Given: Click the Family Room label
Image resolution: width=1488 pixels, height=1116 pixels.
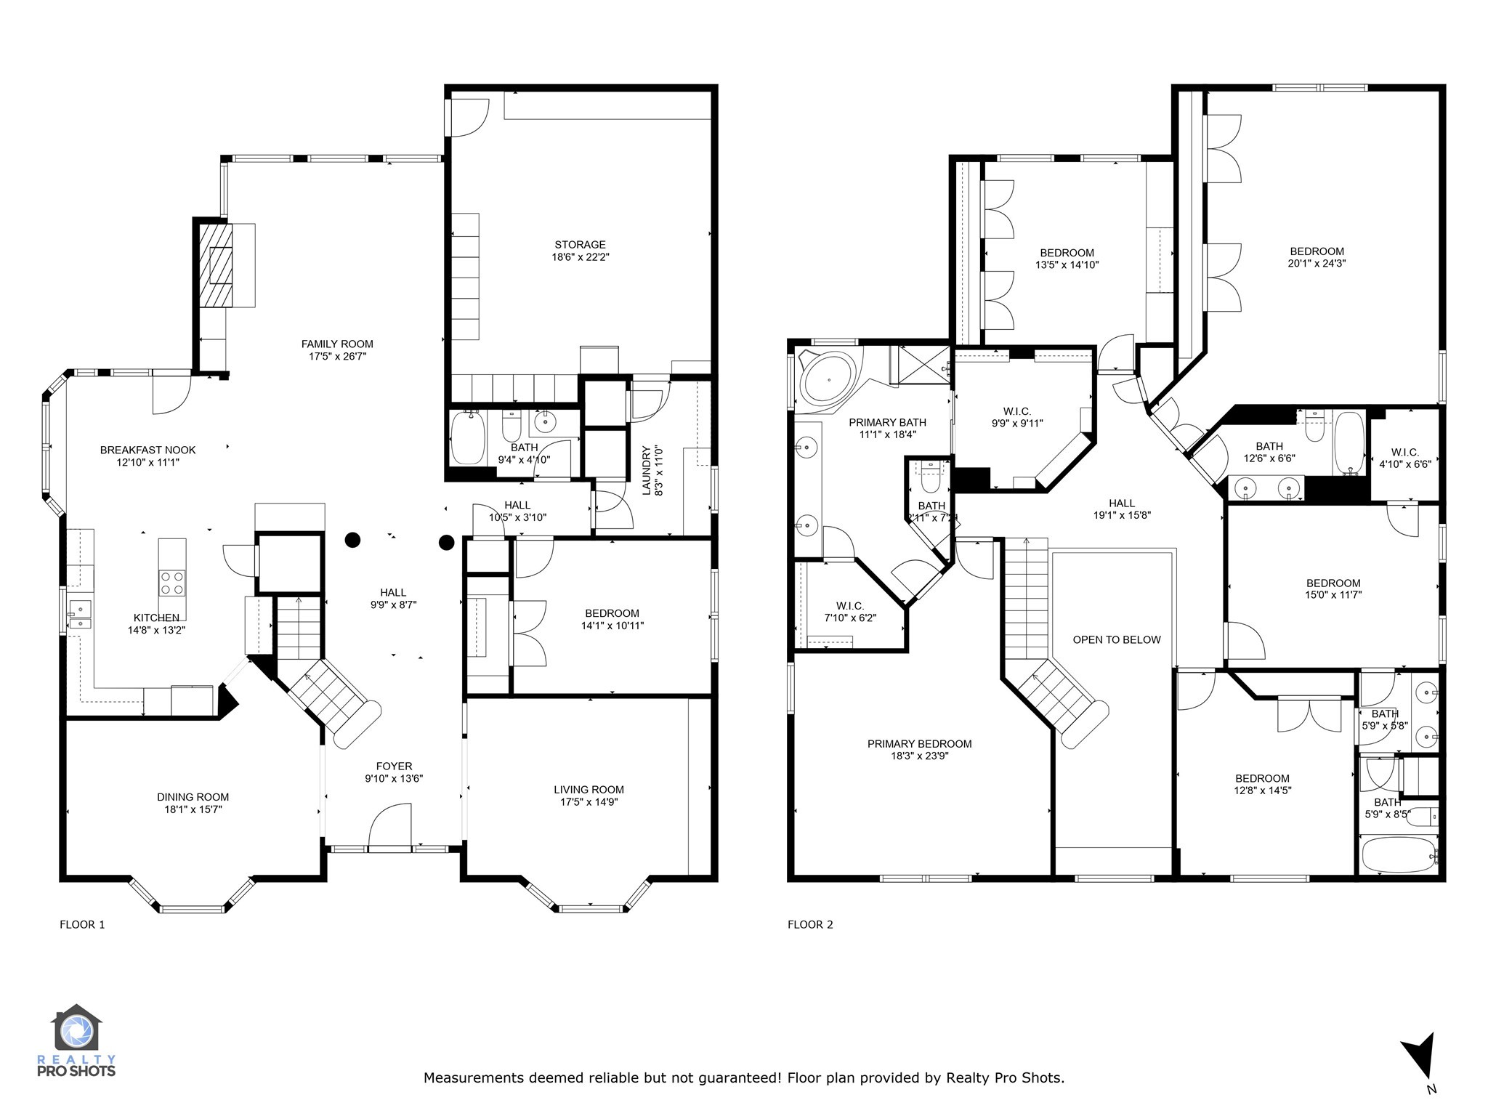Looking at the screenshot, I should (337, 344).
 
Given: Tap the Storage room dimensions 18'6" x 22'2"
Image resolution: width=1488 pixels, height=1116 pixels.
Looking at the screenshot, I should (580, 256).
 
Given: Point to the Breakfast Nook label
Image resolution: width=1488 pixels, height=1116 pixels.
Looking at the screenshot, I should (147, 450).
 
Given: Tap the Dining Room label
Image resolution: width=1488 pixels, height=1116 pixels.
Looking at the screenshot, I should (193, 797).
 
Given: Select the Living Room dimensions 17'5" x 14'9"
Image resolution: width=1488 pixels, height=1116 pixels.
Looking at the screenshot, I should (589, 802).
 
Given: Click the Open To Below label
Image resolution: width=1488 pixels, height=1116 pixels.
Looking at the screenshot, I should (1117, 640).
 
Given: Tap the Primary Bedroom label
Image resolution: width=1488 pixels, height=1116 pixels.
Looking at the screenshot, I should (919, 744).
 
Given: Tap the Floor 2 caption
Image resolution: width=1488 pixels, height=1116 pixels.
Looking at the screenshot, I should (810, 925).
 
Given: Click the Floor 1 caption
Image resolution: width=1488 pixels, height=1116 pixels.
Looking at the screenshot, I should (82, 925).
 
